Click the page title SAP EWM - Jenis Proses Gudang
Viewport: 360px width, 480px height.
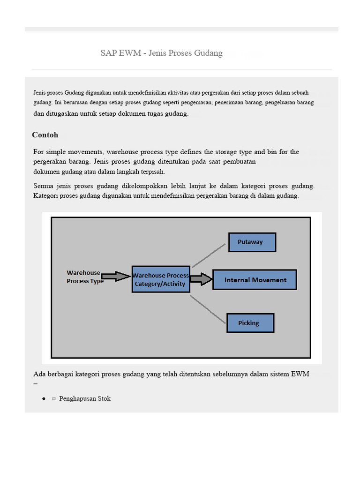point(161,53)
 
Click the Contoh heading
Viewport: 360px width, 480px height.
point(45,135)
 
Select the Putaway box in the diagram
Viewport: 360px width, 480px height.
point(252,242)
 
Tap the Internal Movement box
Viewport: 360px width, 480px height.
point(255,280)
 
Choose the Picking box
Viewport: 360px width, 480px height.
point(250,322)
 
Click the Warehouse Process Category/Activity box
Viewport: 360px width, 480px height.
point(160,280)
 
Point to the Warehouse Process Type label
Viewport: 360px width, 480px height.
point(84,277)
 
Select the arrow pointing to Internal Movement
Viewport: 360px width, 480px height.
point(201,280)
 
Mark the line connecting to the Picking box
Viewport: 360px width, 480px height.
point(208,309)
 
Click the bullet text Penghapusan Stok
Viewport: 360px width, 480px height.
point(85,398)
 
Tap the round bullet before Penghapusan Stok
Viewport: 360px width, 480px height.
point(44,398)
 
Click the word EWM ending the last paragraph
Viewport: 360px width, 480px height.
point(300,374)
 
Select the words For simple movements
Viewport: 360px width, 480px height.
point(69,152)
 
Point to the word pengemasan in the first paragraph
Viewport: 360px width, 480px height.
point(196,102)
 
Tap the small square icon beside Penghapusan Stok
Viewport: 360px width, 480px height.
point(54,398)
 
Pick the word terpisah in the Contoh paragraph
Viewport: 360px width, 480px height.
point(152,172)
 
